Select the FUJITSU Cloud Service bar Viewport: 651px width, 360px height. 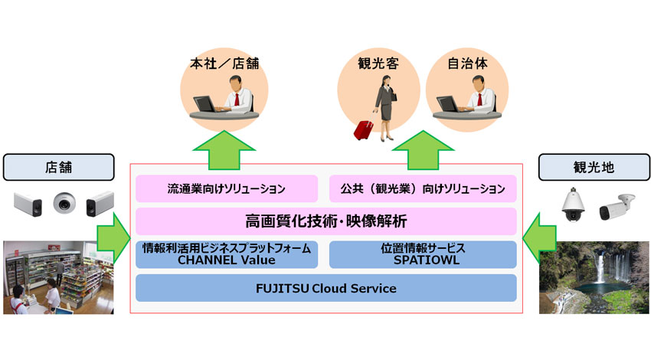click(325, 289)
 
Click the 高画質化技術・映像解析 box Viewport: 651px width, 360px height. click(325, 221)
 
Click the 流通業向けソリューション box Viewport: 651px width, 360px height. click(227, 188)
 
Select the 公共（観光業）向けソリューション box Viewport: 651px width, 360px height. click(423, 188)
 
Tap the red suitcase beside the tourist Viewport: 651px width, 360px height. click(362, 129)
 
